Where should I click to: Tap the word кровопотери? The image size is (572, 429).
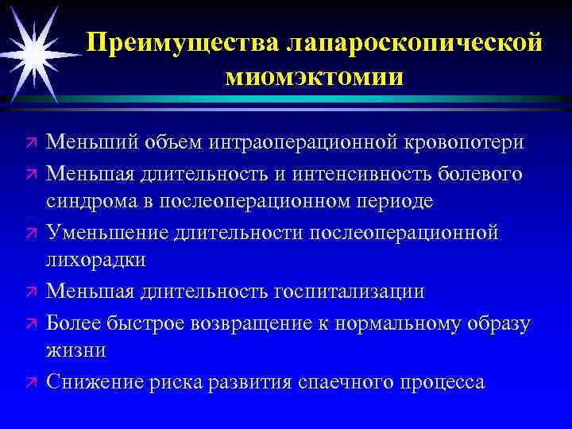pos(458,141)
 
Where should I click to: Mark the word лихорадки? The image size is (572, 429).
pos(95,261)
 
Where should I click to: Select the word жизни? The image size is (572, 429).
pos(75,350)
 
